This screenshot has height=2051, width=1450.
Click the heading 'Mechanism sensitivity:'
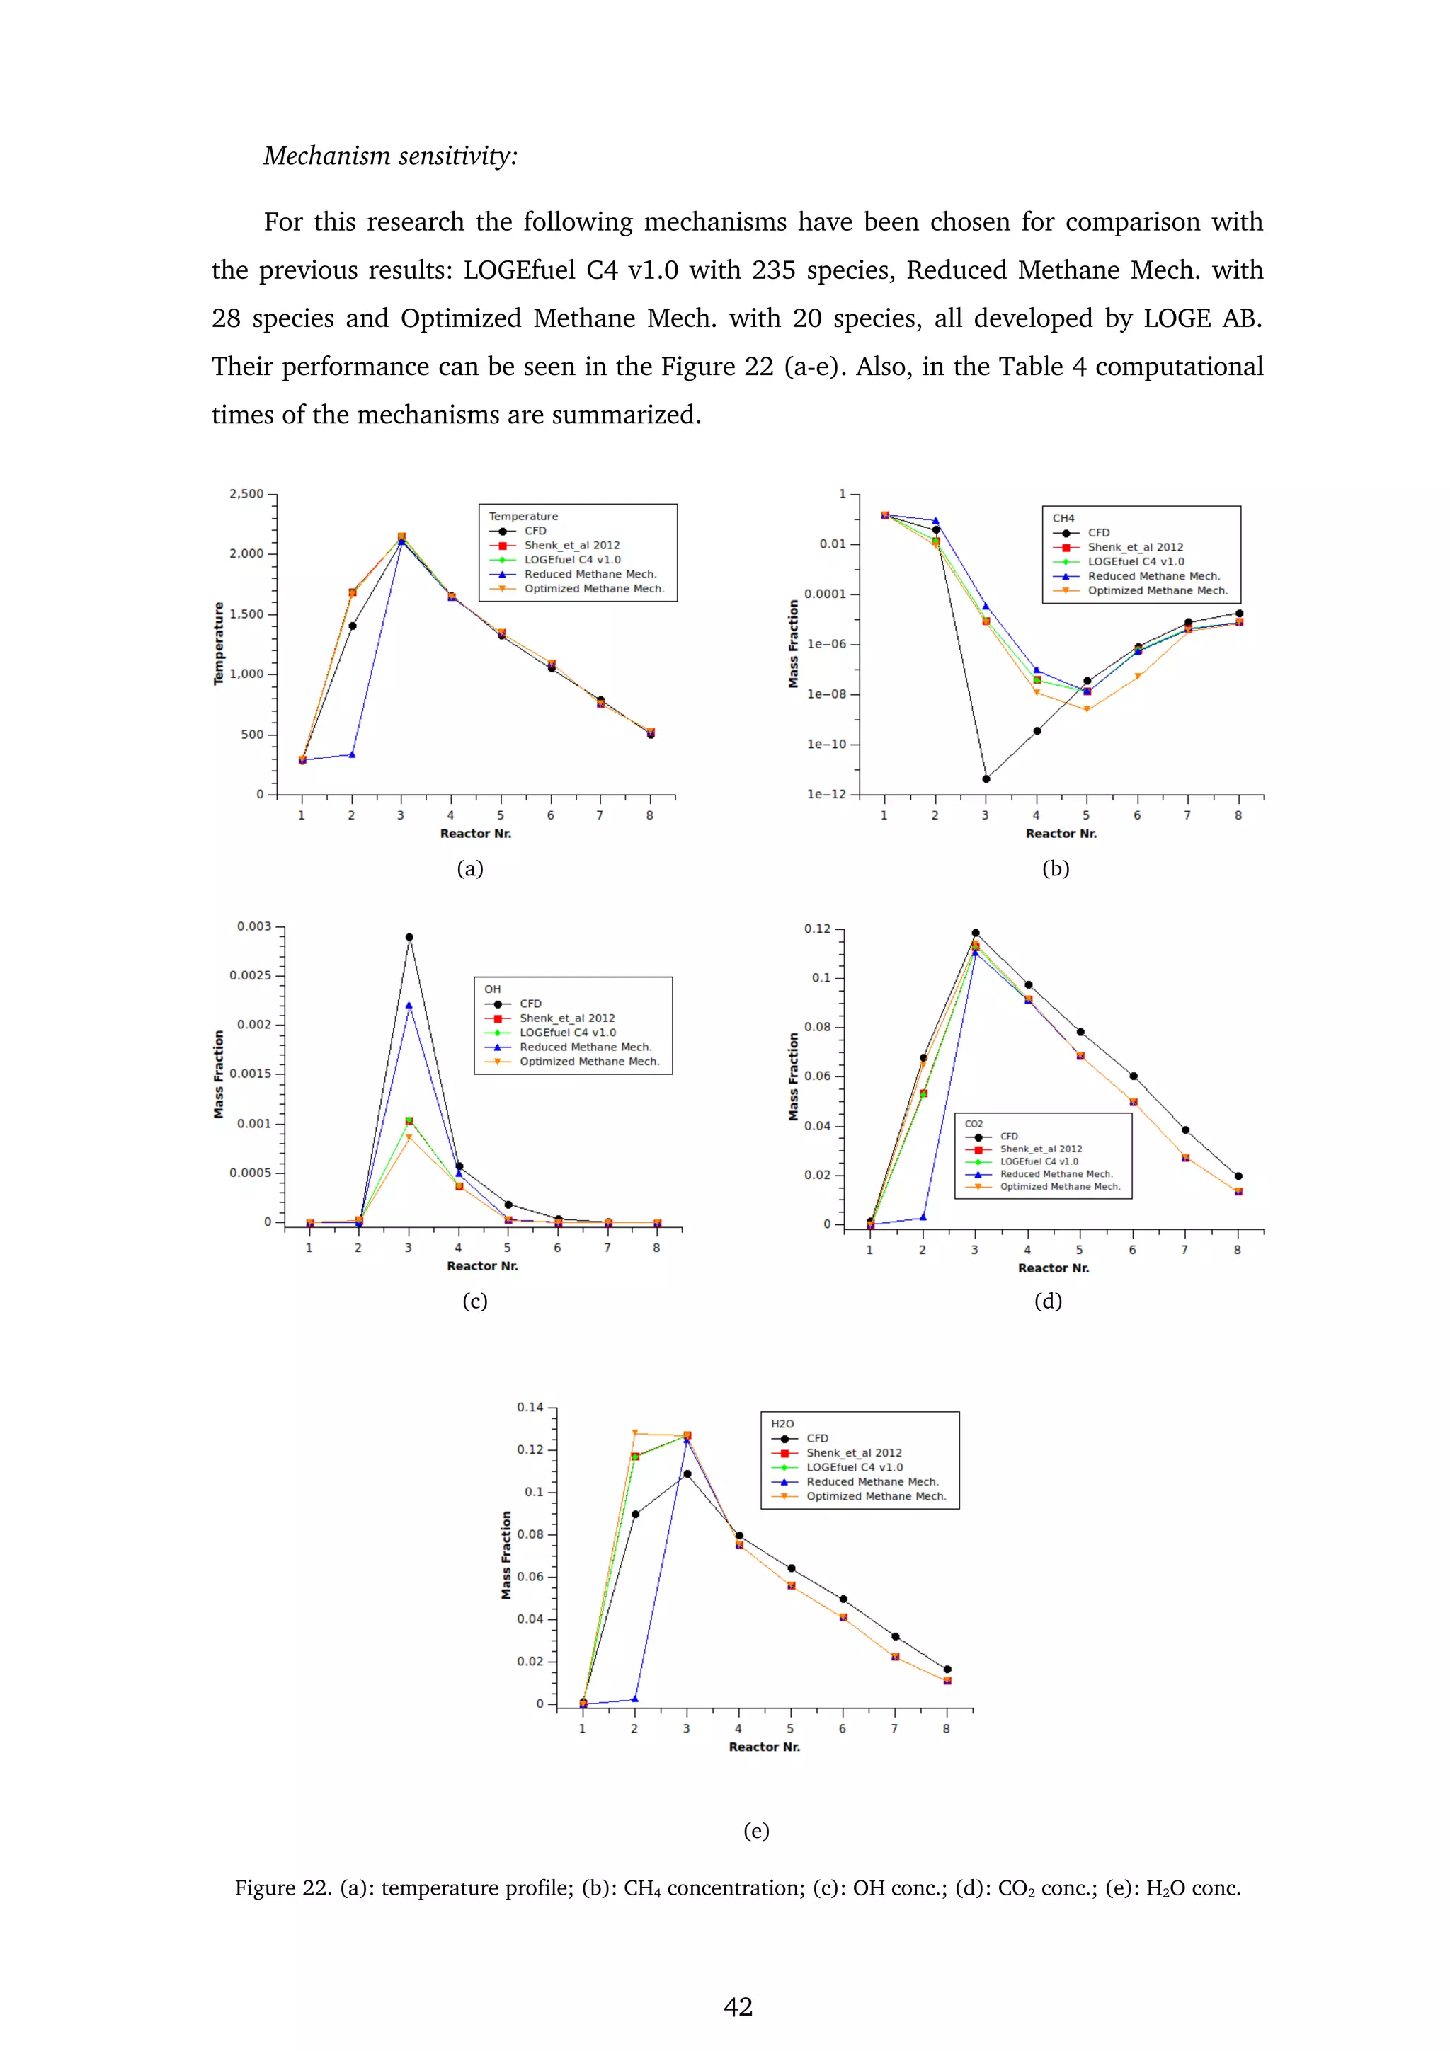click(390, 156)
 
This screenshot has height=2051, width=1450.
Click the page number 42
click(738, 2006)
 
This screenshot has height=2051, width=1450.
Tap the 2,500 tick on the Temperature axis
click(246, 494)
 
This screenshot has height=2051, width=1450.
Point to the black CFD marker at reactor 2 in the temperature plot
click(352, 626)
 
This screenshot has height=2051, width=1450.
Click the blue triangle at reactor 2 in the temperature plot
click(352, 755)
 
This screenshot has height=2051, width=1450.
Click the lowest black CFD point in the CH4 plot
click(986, 779)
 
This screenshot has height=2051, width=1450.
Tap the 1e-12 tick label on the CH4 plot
click(826, 794)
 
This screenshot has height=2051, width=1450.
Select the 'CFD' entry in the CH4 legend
click(1098, 532)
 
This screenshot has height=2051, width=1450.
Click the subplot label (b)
click(1055, 868)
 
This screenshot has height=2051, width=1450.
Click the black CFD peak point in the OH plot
click(409, 937)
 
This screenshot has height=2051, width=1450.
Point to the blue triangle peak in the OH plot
click(409, 1005)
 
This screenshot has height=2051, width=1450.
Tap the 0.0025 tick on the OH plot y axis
click(250, 975)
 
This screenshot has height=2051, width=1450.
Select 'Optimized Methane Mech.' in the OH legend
click(589, 1061)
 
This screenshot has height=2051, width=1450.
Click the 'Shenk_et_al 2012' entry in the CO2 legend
click(1040, 1149)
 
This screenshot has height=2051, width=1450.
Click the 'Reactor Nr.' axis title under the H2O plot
click(764, 1747)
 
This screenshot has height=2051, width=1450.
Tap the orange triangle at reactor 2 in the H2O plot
click(635, 1433)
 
